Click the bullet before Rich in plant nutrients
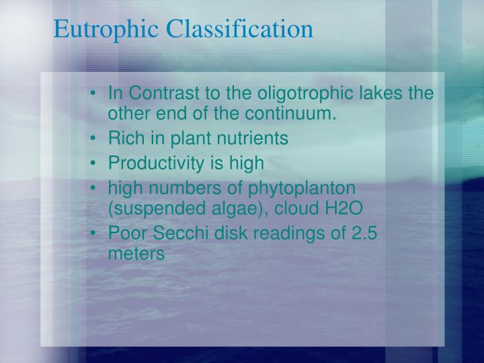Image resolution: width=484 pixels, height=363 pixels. [x=99, y=138]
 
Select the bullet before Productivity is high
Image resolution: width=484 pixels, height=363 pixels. [x=99, y=163]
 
